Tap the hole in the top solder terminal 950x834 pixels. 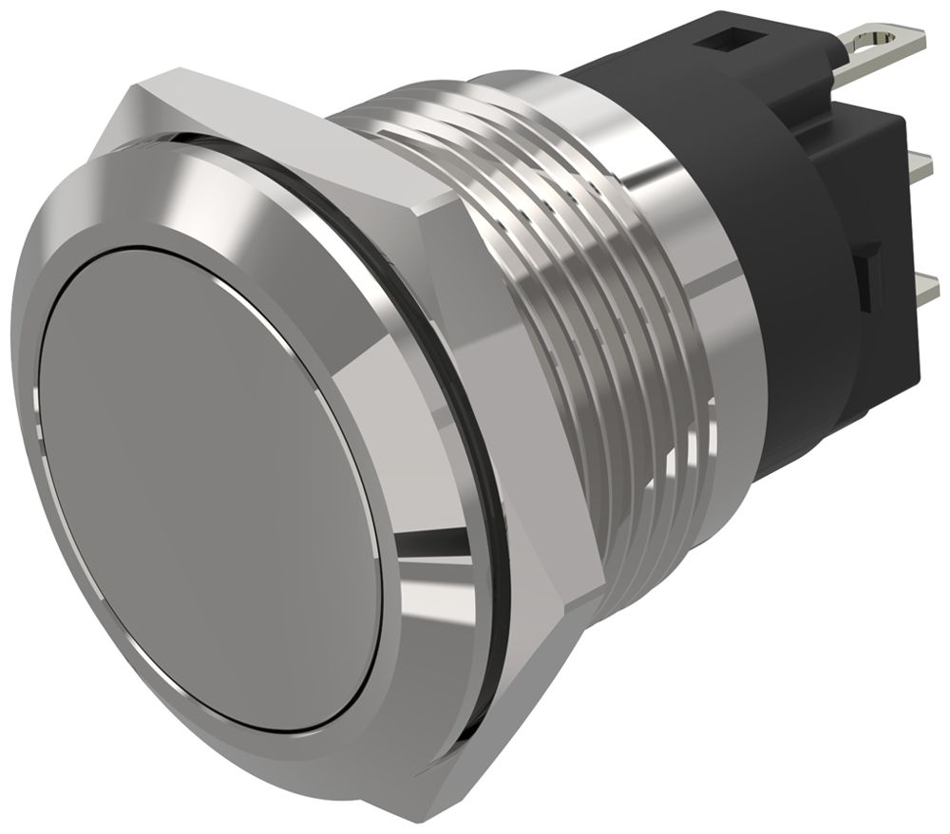pyautogui.click(x=872, y=41)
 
